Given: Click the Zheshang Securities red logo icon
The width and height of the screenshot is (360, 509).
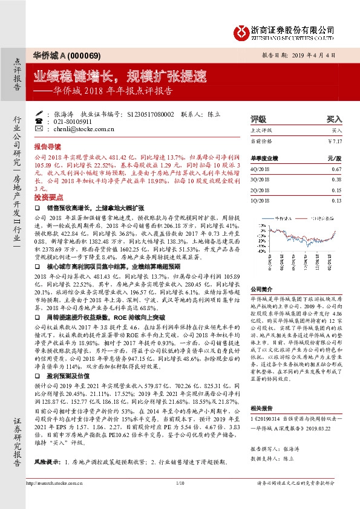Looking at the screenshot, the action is tap(242, 30).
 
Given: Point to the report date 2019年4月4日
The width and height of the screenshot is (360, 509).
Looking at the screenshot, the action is tap(317, 54).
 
